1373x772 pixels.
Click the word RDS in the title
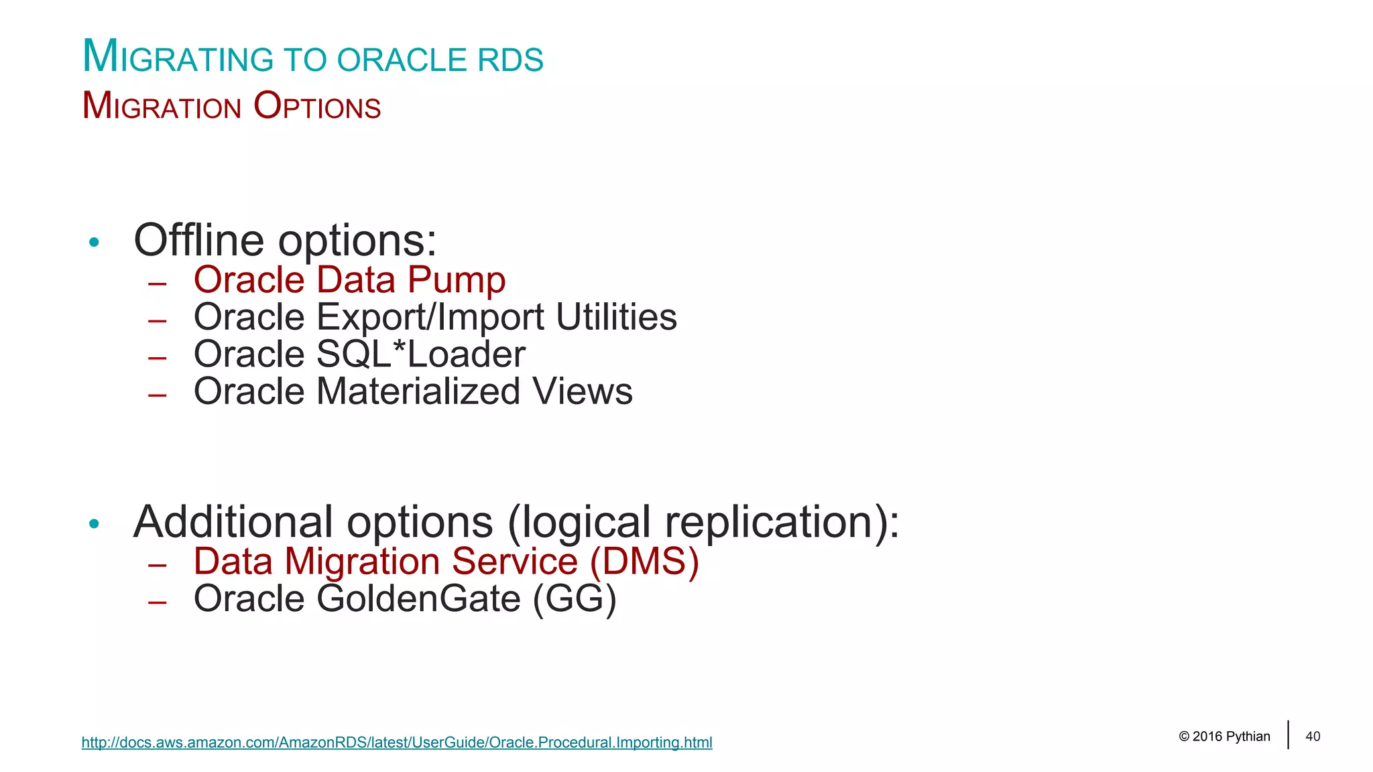point(510,60)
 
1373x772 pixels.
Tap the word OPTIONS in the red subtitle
point(317,107)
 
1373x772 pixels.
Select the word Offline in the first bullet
point(199,240)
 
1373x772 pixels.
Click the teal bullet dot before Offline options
point(94,243)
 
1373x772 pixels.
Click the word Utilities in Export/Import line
point(616,317)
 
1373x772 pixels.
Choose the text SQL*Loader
point(420,354)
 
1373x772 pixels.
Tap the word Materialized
point(418,391)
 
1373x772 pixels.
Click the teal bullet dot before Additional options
point(94,524)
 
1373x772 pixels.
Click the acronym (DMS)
point(644,562)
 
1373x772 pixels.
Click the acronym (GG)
point(575,598)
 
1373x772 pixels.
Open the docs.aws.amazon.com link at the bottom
point(396,743)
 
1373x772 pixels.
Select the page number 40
point(1313,736)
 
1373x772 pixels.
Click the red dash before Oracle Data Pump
point(158,284)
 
